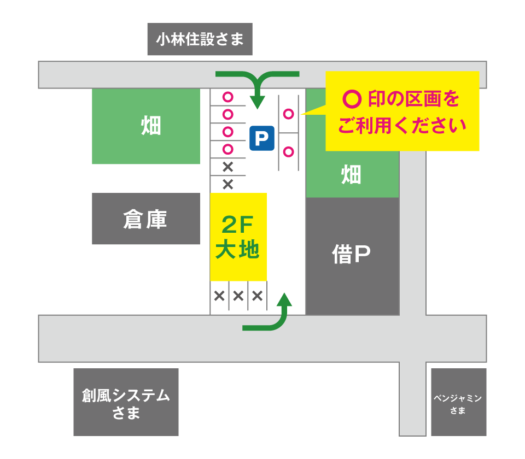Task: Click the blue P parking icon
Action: coord(261,138)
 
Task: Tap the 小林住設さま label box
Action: coord(200,39)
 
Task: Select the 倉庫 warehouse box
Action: coord(145,219)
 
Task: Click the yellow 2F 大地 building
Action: coord(238,237)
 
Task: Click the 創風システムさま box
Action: coord(126,403)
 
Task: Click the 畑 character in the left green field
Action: coord(151,126)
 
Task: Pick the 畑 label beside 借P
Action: coord(351,175)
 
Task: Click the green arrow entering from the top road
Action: coord(257,87)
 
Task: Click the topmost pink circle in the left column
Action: coord(227,97)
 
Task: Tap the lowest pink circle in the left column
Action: coord(227,149)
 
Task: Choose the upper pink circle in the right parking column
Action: coord(288,114)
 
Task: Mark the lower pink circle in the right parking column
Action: coord(288,151)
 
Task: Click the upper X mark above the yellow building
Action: coord(227,167)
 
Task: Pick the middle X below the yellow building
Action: coord(238,296)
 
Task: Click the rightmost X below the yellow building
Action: coord(257,296)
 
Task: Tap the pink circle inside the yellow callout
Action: coord(352,99)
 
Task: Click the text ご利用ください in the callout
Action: coord(401,126)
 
